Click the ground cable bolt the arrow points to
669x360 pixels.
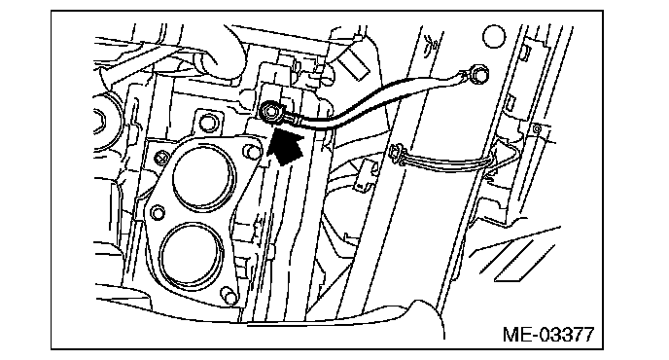point(269,111)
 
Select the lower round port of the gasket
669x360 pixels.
point(192,255)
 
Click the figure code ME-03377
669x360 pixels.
point(548,335)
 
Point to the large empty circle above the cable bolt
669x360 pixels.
point(494,36)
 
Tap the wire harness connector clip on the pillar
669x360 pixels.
point(398,154)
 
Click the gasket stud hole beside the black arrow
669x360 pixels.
point(252,152)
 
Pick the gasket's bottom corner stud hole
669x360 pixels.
point(229,297)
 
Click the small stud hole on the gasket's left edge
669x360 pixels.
point(158,213)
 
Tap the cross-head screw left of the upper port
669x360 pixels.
point(160,158)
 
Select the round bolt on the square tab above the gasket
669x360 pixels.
point(208,123)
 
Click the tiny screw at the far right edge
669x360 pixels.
point(537,128)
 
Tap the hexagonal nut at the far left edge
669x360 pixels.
point(99,123)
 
